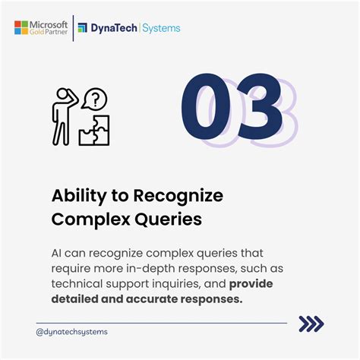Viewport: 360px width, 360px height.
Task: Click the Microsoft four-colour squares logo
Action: (x=21, y=27)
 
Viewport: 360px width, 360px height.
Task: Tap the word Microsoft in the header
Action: (x=49, y=25)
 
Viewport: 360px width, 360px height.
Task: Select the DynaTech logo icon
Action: (x=83, y=28)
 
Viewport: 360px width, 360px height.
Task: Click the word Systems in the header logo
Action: (x=161, y=28)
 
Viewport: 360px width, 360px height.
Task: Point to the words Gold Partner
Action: (x=49, y=32)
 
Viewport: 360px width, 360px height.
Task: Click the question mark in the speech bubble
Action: (x=95, y=99)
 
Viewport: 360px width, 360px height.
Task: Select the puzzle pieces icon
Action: (x=94, y=130)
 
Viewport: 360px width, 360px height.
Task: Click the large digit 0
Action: (x=206, y=106)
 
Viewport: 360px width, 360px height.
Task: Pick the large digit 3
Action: (x=260, y=106)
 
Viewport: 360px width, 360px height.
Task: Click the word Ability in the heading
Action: (x=79, y=197)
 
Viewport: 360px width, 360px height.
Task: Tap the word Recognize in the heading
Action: (x=178, y=197)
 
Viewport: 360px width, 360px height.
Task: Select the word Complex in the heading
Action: (x=91, y=219)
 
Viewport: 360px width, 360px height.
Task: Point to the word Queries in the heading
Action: (x=168, y=219)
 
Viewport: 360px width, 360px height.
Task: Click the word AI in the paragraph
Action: (x=56, y=253)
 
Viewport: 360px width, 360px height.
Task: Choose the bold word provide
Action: (x=251, y=284)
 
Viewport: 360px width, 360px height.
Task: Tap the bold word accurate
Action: (x=152, y=299)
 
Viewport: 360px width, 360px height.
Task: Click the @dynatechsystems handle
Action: (x=72, y=332)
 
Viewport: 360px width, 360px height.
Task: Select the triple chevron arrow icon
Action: (x=311, y=324)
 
